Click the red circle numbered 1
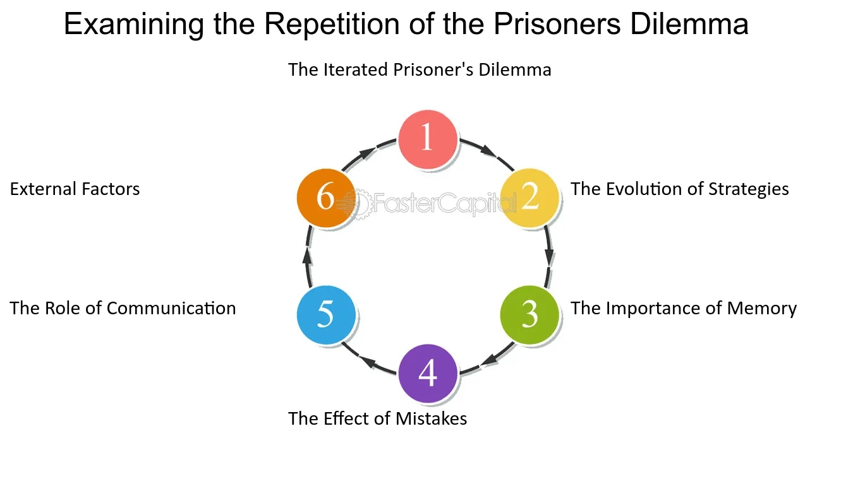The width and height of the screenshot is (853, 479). [x=427, y=139]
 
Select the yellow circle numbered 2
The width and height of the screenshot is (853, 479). [x=529, y=198]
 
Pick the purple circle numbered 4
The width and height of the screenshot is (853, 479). [x=427, y=374]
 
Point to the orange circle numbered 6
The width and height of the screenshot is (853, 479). [x=325, y=198]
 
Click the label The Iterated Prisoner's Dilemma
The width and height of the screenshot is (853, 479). [x=420, y=69]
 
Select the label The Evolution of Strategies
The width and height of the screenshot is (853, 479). [x=680, y=189]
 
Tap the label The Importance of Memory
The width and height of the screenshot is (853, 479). [x=684, y=308]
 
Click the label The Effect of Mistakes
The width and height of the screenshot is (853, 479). [x=377, y=418]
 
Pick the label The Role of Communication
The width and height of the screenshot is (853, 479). [x=123, y=308]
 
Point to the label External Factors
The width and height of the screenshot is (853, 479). [x=75, y=189]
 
